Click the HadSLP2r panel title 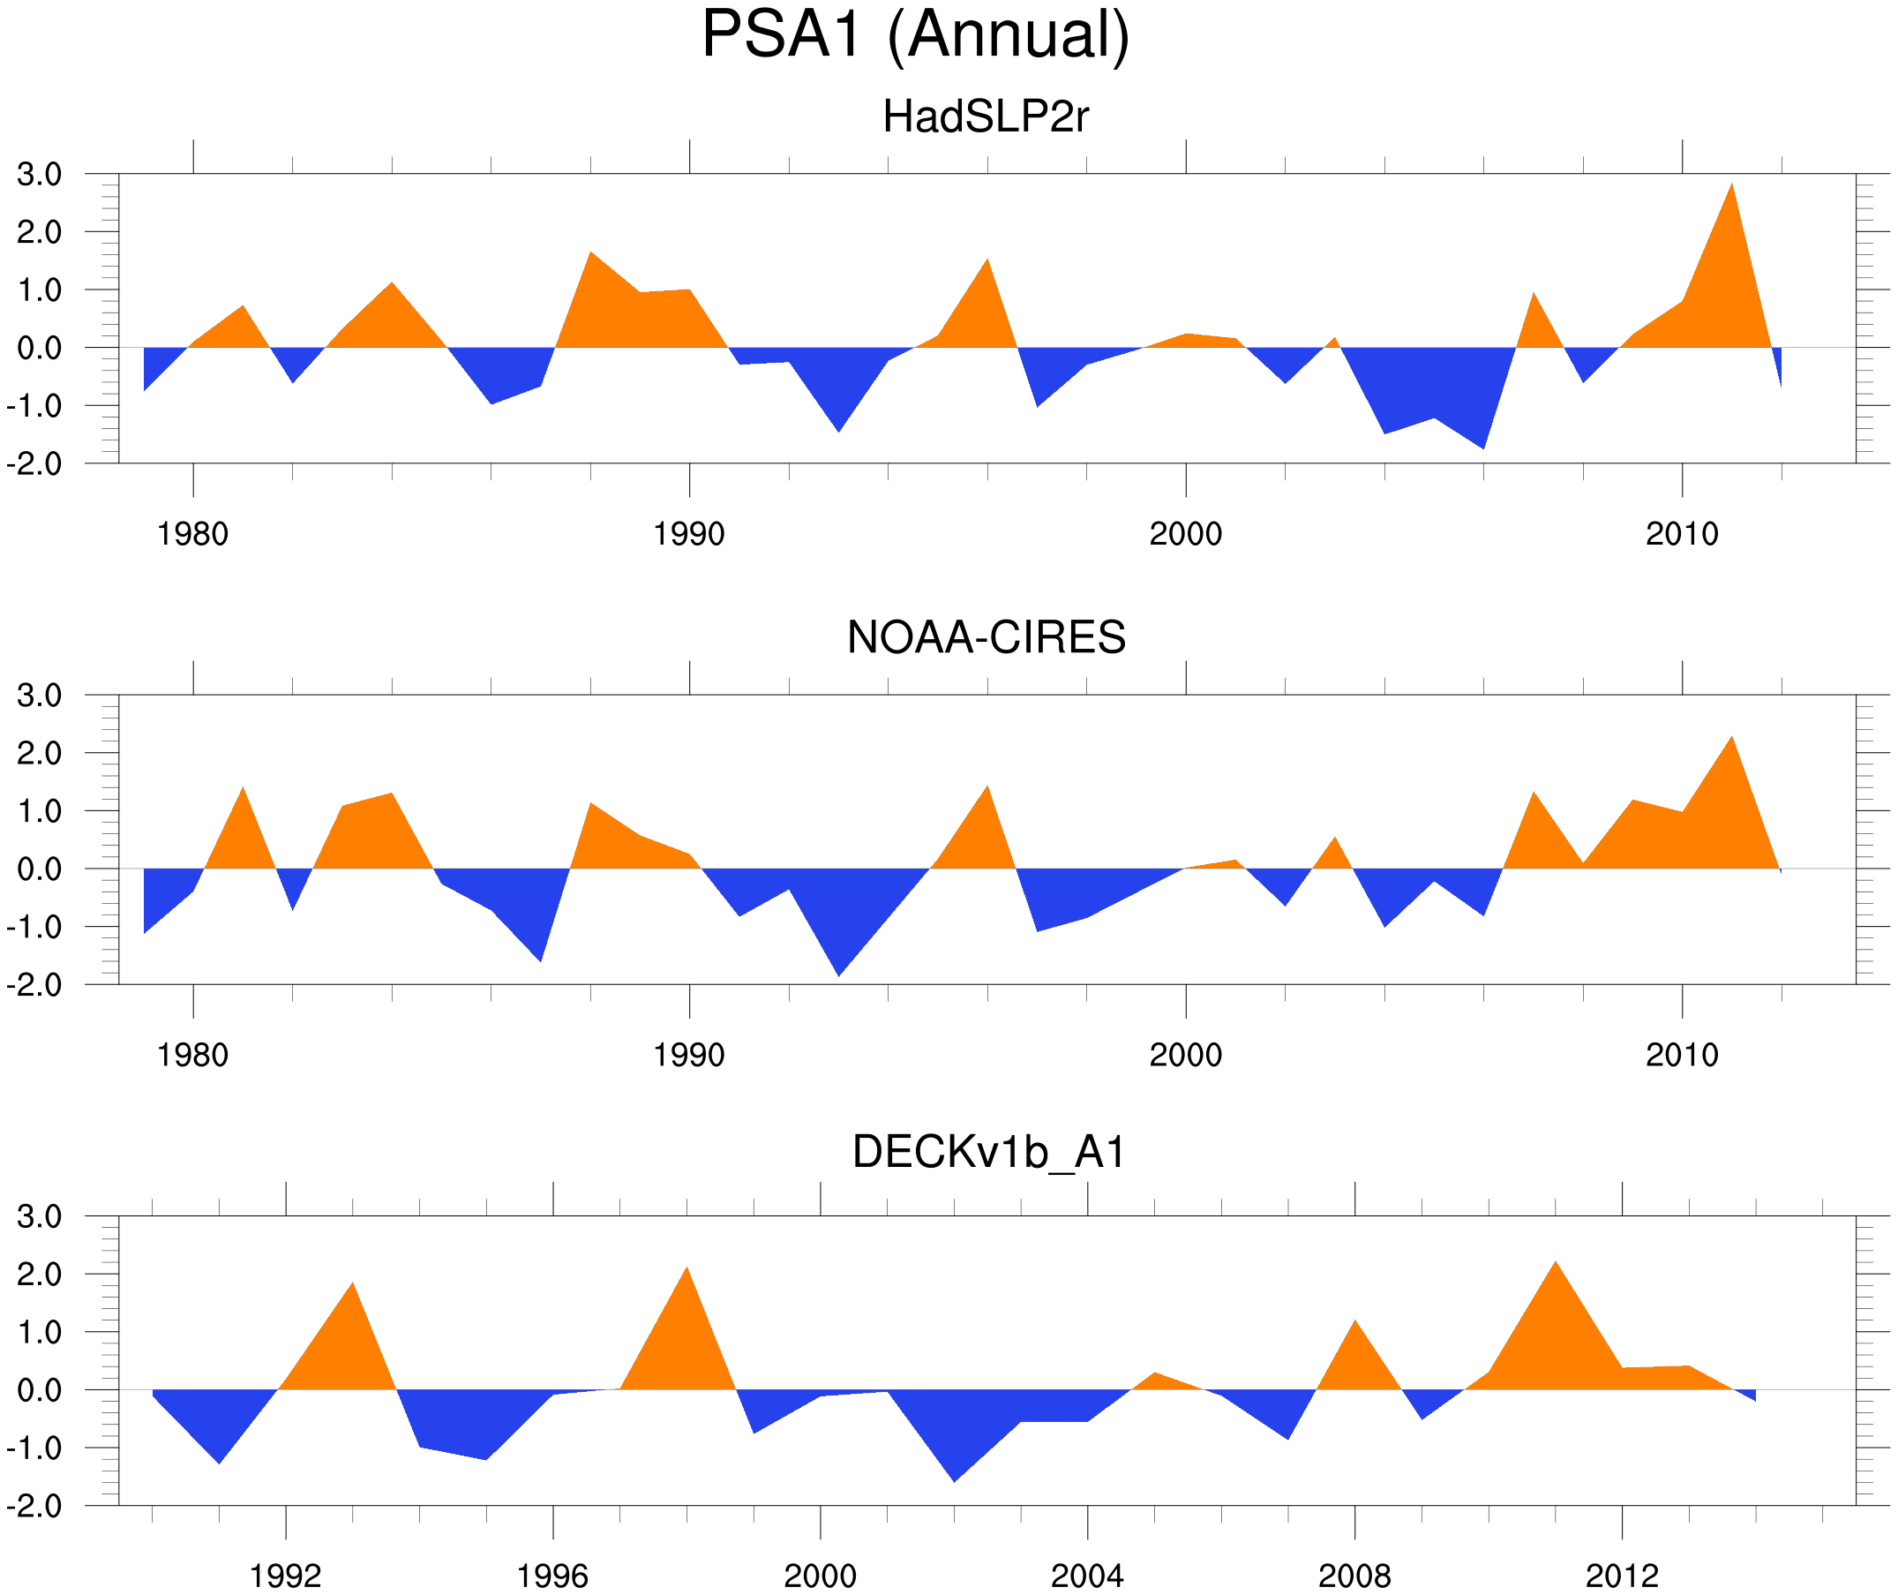[x=985, y=117]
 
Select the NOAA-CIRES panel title [x=986, y=637]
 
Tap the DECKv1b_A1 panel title [x=989, y=1153]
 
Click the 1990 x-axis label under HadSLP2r [x=689, y=534]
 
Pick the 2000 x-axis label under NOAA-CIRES [x=1185, y=1055]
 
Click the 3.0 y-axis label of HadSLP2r [x=40, y=175]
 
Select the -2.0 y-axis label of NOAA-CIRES [x=34, y=985]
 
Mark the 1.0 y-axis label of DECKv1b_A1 [x=40, y=1332]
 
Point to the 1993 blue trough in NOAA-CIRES [x=839, y=967]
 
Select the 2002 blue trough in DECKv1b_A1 [x=955, y=1474]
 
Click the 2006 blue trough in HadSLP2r [x=1483, y=441]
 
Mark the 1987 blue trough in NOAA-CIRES [x=541, y=954]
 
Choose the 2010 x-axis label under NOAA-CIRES [x=1681, y=1055]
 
